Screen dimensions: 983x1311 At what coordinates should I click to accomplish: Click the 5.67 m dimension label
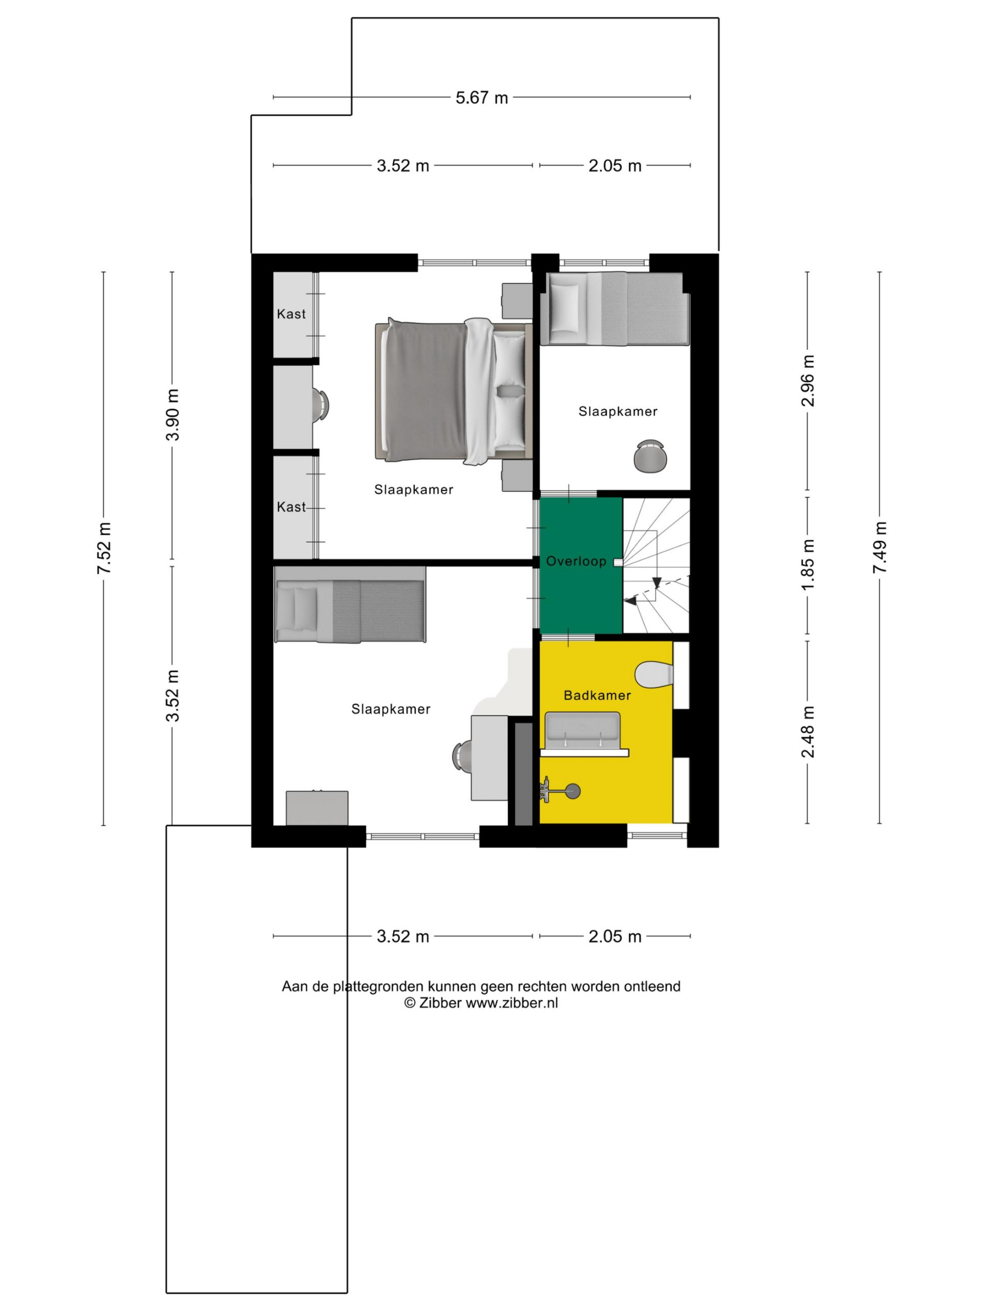point(482,97)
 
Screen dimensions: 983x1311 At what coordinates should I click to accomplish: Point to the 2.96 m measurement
point(807,380)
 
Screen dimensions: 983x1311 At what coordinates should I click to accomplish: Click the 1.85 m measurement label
point(807,565)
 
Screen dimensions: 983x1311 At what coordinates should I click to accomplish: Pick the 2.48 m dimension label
point(807,732)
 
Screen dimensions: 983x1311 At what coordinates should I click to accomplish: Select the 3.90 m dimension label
point(173,415)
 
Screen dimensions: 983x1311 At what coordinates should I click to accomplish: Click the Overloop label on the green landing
point(576,561)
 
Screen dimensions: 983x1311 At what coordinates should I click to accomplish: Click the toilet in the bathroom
point(654,673)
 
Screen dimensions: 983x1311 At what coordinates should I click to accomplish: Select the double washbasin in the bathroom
point(583,734)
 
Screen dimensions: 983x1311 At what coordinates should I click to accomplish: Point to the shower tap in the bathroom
point(560,791)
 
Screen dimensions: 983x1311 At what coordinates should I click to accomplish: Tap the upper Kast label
point(291,314)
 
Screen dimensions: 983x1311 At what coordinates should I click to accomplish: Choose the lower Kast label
point(291,507)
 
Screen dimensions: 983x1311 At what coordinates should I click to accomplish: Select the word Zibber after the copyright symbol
point(440,1003)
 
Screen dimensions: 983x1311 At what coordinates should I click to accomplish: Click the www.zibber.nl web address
point(512,1003)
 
